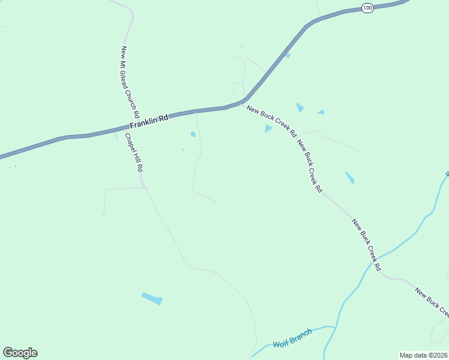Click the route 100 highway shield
pyautogui.click(x=368, y=8)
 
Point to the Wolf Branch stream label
pyautogui.click(x=292, y=338)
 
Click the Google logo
pyautogui.click(x=20, y=353)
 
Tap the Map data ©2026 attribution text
pyautogui.click(x=423, y=355)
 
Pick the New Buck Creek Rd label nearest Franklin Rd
pyautogui.click(x=271, y=122)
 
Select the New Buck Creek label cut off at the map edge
pyautogui.click(x=431, y=301)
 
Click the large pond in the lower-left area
pyautogui.click(x=152, y=298)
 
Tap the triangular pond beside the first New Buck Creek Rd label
pyautogui.click(x=268, y=128)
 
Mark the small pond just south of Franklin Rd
pyautogui.click(x=193, y=134)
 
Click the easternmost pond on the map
pyautogui.click(x=349, y=178)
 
